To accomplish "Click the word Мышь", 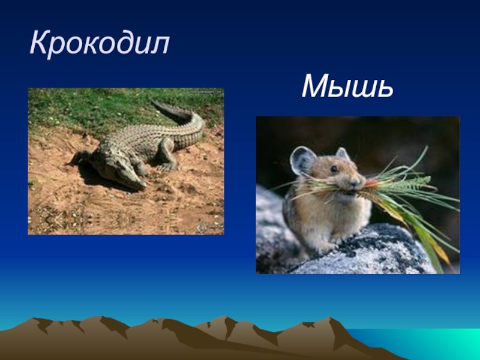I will [x=348, y=87].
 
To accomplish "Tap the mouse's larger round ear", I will [x=303, y=161].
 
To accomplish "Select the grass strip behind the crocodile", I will [x=90, y=108].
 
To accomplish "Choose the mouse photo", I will [x=358, y=195].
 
